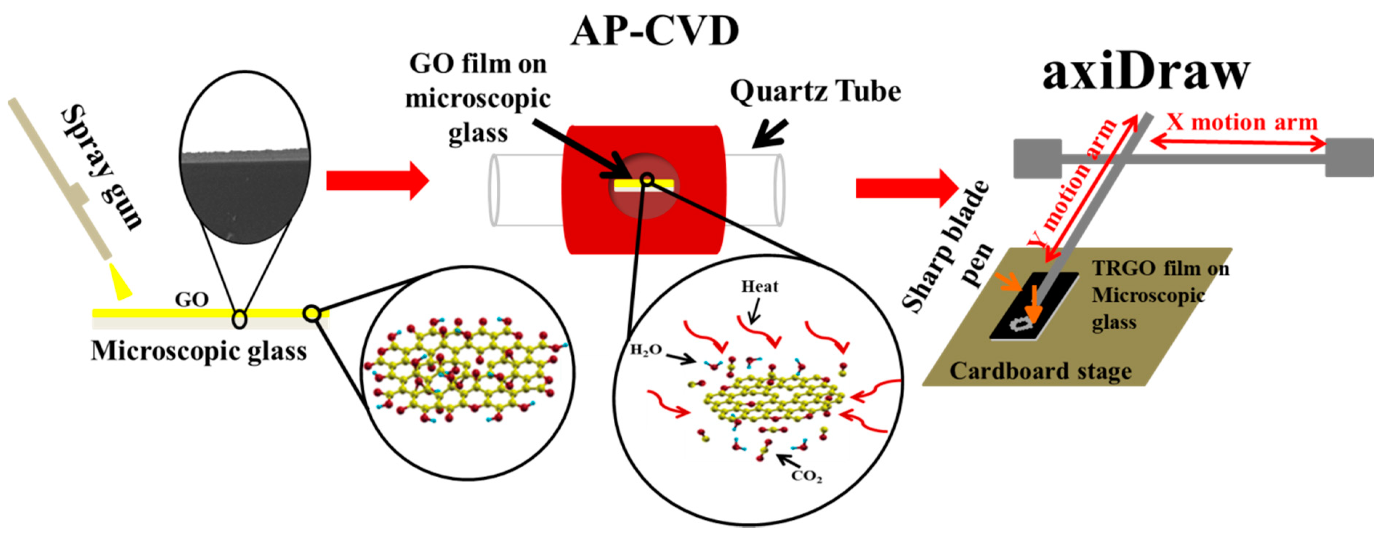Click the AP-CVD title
click(x=654, y=31)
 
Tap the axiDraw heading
click(x=1146, y=73)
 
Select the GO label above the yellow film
click(x=191, y=299)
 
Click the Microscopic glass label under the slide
click(x=199, y=351)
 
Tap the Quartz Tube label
click(x=815, y=91)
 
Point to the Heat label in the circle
click(x=759, y=287)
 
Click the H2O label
click(x=645, y=350)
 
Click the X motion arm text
click(x=1242, y=122)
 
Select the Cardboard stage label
click(x=1040, y=371)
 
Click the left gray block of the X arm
click(x=1037, y=158)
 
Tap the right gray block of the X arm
click(x=1349, y=157)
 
